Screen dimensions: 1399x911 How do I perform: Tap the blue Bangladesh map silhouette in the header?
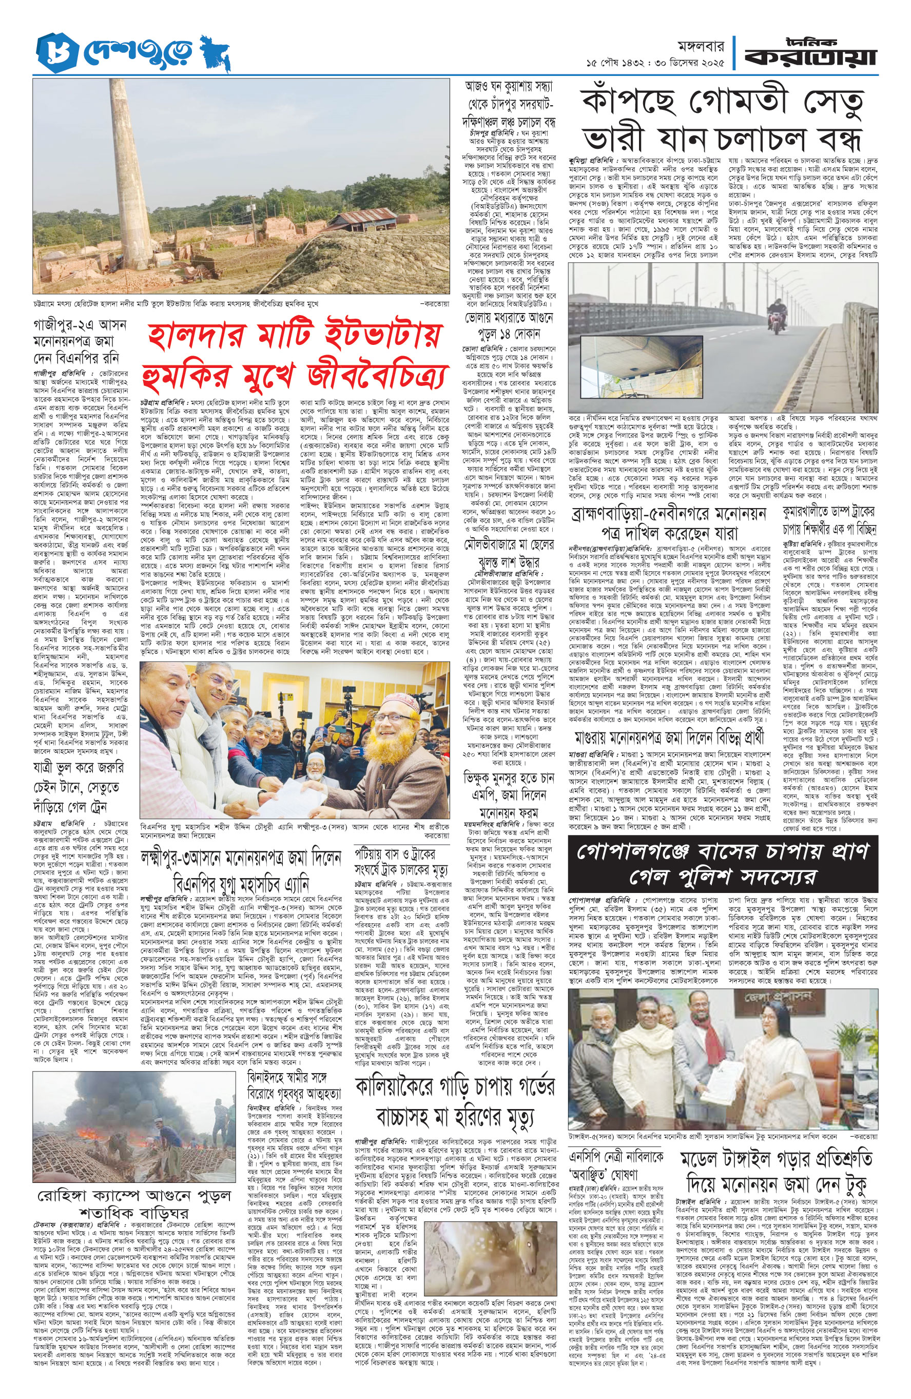(x=215, y=53)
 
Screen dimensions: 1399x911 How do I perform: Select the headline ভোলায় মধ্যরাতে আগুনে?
(x=509, y=326)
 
